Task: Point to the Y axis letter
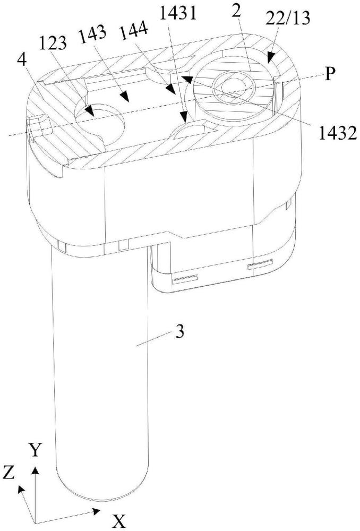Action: (x=35, y=451)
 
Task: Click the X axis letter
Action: (x=120, y=522)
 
